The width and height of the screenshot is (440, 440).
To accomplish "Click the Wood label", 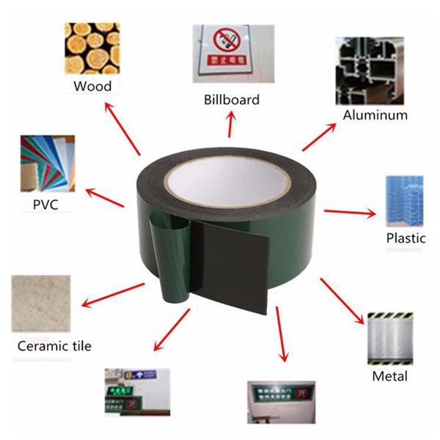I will click(92, 87).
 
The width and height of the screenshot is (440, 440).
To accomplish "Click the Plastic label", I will click(406, 238).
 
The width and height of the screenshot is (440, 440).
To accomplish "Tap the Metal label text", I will click(389, 377).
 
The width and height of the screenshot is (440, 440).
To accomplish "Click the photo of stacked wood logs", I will click(92, 48).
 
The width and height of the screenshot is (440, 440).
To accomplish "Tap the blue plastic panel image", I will click(403, 199).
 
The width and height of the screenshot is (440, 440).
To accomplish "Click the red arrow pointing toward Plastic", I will click(349, 213).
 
